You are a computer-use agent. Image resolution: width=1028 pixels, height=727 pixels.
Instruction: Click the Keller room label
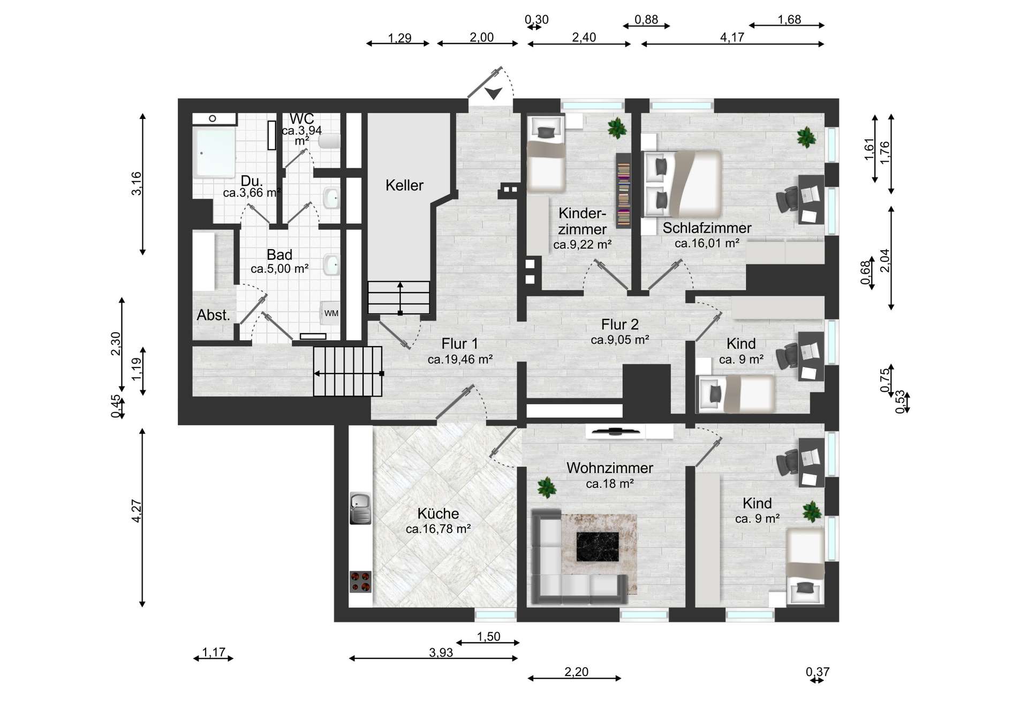(x=404, y=185)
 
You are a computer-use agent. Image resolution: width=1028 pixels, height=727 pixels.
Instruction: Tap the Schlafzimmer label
(x=707, y=228)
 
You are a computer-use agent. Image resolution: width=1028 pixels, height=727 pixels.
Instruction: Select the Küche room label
(x=438, y=513)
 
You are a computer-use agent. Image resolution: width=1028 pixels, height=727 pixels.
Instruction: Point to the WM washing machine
(x=330, y=313)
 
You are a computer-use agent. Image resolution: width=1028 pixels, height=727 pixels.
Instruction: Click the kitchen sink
(x=360, y=508)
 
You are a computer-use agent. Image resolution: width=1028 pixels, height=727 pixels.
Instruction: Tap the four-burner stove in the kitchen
(x=360, y=582)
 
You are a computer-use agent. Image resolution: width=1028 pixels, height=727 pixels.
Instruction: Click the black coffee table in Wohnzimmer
(x=597, y=546)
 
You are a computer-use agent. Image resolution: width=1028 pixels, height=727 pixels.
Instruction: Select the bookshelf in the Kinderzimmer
(x=623, y=191)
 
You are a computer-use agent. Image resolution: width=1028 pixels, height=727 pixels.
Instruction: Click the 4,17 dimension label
(x=732, y=37)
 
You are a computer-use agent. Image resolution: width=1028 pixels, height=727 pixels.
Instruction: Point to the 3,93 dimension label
(x=441, y=652)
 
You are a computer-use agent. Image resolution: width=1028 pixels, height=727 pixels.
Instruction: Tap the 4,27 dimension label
(x=137, y=511)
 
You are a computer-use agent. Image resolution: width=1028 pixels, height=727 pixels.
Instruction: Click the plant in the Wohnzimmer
(x=546, y=488)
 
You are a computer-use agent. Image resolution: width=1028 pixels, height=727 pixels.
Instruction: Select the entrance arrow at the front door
(x=493, y=93)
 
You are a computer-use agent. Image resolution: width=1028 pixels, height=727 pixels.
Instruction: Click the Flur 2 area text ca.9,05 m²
(x=620, y=340)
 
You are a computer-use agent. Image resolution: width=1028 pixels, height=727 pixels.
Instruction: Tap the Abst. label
(x=213, y=315)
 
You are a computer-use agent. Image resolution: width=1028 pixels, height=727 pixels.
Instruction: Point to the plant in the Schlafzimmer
(x=806, y=138)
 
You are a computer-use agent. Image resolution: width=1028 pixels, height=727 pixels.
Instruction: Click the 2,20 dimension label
(x=576, y=672)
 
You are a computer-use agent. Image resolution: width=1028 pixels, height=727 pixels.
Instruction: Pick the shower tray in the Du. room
(x=214, y=152)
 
